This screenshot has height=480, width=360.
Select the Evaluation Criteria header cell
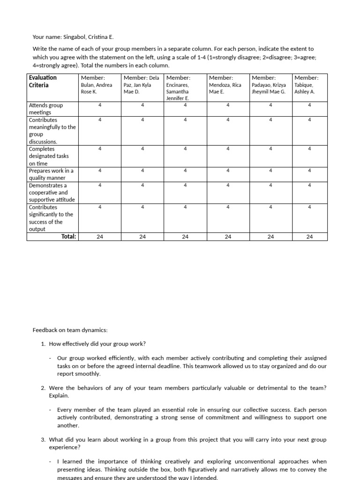43,81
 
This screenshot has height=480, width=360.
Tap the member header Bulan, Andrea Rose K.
97,85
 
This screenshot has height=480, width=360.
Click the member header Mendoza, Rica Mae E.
225,85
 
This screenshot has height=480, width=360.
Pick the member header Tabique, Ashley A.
306,85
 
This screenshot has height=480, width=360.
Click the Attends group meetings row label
45,109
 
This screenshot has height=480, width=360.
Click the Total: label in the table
68,237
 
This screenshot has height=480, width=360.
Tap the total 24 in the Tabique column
309,237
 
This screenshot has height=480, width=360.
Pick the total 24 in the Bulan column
100,237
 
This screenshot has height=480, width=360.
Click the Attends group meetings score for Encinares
185,105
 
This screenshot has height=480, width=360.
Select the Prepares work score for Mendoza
228,171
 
